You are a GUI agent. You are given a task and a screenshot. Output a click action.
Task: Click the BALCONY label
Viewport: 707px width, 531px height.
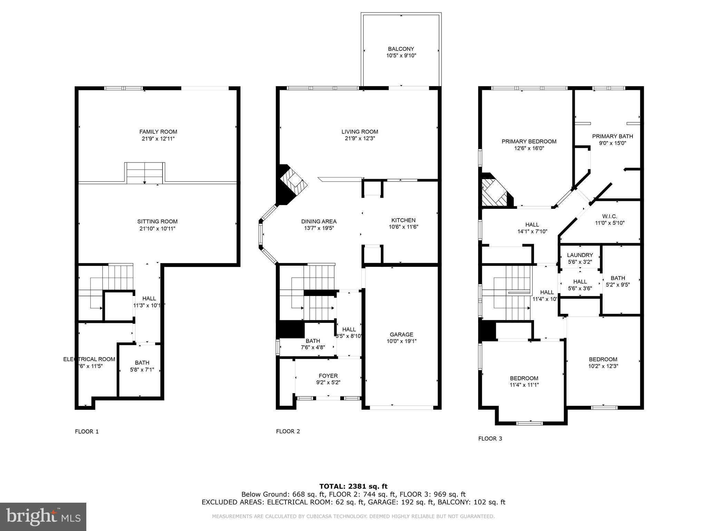tap(401, 49)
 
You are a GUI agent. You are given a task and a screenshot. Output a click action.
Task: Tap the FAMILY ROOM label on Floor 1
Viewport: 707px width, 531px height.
tap(158, 132)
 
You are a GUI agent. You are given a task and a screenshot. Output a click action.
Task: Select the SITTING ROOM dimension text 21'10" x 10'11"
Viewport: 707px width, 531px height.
tap(157, 229)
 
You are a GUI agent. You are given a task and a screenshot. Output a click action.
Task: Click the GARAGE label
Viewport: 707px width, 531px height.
tap(401, 334)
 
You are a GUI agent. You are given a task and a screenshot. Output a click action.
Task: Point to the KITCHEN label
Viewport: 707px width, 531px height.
tap(403, 220)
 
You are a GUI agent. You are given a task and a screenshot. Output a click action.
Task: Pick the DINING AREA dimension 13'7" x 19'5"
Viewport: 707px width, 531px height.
tap(319, 228)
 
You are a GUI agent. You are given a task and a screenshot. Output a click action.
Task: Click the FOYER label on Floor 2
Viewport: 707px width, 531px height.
tap(328, 376)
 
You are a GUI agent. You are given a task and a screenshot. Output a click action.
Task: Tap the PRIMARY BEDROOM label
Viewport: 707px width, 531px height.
tap(529, 141)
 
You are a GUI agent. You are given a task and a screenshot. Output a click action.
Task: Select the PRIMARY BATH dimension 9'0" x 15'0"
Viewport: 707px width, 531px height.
tap(612, 143)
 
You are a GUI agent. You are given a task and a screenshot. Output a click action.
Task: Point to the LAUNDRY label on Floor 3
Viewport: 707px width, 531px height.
tap(580, 255)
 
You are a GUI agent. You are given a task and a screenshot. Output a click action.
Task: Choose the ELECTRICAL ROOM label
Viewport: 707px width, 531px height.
tap(89, 359)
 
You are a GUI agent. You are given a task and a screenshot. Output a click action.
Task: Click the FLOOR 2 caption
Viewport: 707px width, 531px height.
tap(288, 431)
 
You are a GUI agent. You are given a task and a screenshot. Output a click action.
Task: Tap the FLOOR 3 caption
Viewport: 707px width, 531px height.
tap(490, 439)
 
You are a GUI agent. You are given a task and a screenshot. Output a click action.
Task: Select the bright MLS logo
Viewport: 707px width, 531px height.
tap(43, 516)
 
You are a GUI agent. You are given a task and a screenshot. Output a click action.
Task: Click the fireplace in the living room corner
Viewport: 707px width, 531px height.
tap(292, 185)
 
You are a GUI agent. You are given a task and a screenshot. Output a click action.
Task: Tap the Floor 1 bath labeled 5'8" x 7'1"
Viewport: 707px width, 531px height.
tap(142, 363)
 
